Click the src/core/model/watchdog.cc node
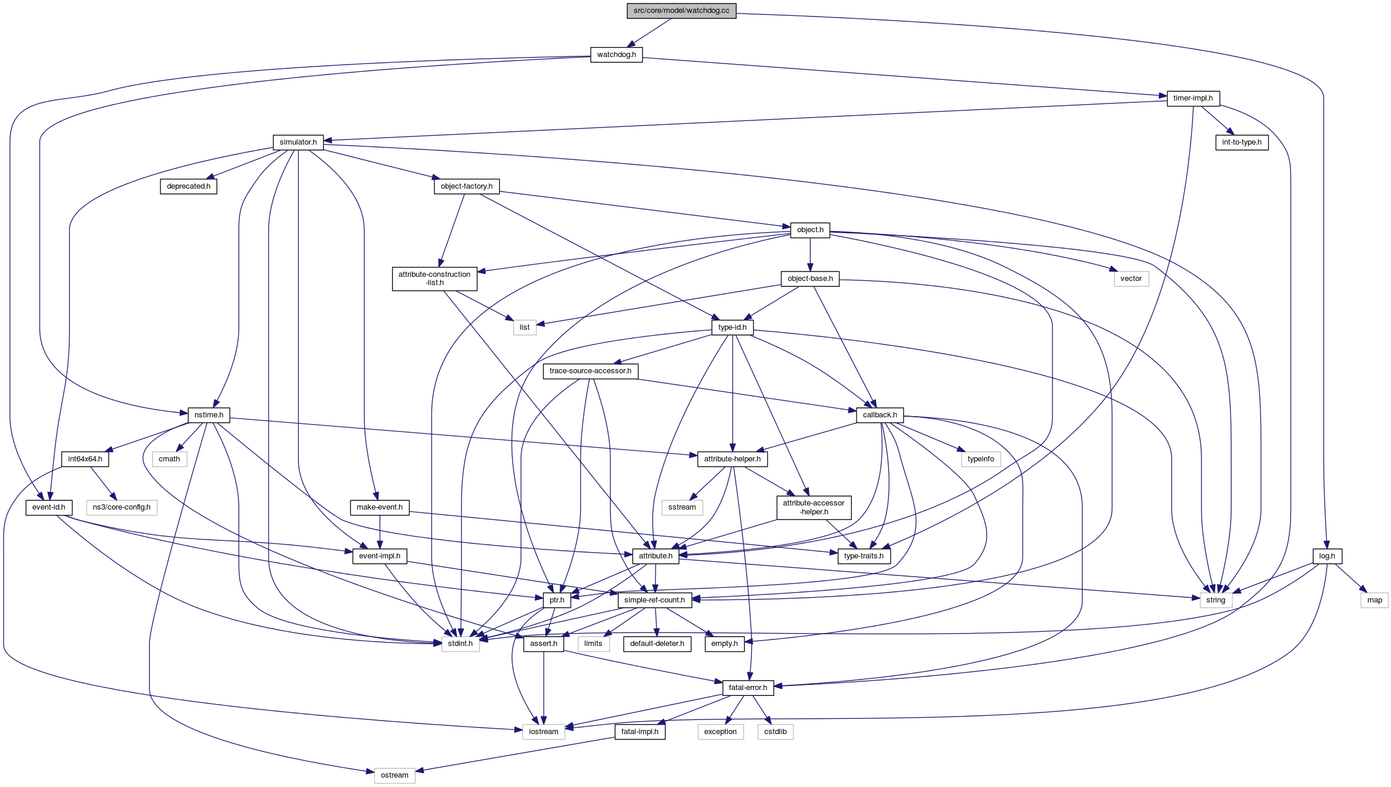pos(681,11)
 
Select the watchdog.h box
pos(616,55)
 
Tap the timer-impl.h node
pos(1193,98)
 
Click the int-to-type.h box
pos(1242,142)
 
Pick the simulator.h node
pos(298,142)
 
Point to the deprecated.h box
pos(188,186)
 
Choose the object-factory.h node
pos(467,186)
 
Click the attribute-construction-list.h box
pos(434,279)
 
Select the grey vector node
pos(1131,279)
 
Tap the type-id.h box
pos(732,327)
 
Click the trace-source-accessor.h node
pos(590,371)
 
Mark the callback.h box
pos(880,415)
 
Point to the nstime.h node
pos(209,415)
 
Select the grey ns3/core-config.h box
pos(122,507)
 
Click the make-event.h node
pos(380,507)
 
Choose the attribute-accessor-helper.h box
pos(814,507)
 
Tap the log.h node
pos(1327,556)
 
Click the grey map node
pos(1375,600)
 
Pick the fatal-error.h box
pos(748,688)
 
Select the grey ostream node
pos(394,775)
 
